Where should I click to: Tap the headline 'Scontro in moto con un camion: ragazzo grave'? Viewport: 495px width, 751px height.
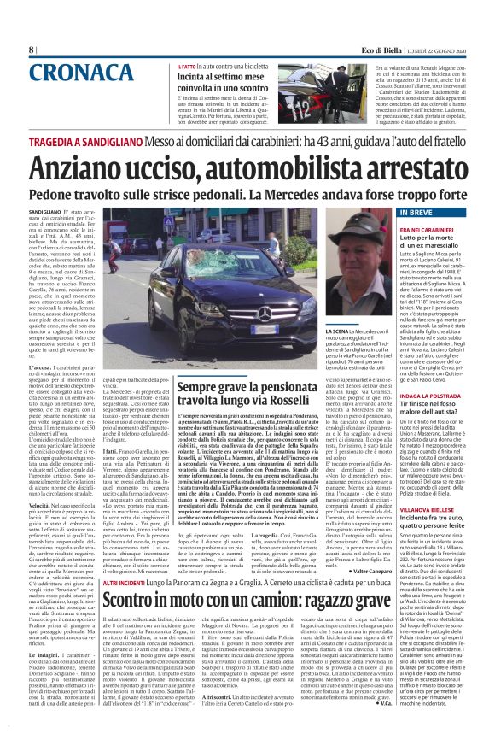tap(247, 599)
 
